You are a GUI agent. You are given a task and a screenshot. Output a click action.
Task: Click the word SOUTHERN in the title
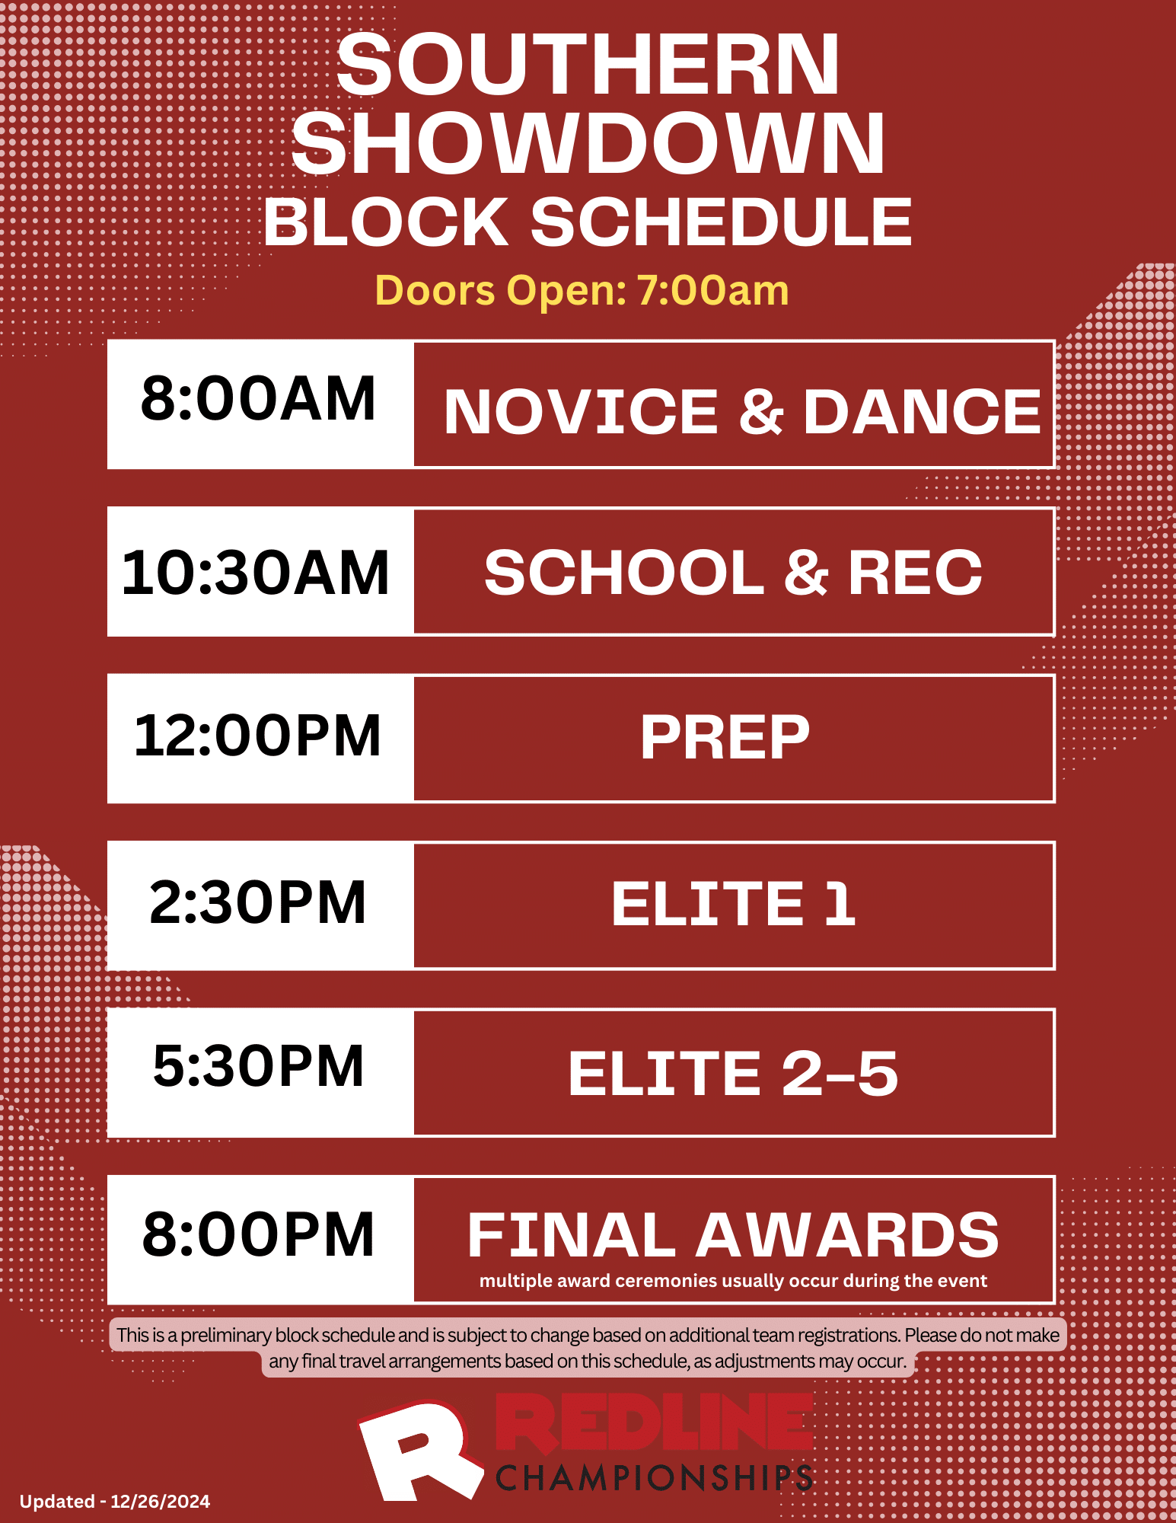click(588, 65)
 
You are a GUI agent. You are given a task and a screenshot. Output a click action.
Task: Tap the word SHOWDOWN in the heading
click(588, 145)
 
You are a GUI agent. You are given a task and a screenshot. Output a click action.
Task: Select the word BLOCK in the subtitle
click(385, 222)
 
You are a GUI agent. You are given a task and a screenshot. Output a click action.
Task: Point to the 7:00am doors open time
click(712, 291)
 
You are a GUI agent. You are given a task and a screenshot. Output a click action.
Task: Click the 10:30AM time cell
click(256, 573)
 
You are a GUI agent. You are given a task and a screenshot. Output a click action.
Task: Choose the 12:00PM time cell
click(257, 736)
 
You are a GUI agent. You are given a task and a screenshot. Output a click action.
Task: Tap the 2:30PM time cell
click(257, 903)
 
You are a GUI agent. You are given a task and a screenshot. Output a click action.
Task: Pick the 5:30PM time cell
click(259, 1066)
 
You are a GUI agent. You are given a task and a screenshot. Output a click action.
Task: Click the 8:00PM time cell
click(259, 1235)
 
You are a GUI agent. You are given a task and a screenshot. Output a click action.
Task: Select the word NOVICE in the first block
click(581, 412)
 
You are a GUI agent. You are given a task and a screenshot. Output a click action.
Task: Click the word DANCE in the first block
click(922, 412)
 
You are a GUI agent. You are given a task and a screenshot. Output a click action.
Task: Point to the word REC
click(915, 573)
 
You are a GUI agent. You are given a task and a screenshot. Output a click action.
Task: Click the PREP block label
click(725, 737)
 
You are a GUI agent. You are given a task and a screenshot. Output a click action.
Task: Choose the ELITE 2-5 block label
click(732, 1074)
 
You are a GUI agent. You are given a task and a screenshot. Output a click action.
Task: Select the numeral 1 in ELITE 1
click(840, 904)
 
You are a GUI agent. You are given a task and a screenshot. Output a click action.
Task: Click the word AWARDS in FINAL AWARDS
click(846, 1235)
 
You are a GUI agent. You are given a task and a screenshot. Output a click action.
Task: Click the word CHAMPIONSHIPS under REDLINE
click(655, 1478)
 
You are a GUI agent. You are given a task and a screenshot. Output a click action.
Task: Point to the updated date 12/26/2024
click(160, 1502)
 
